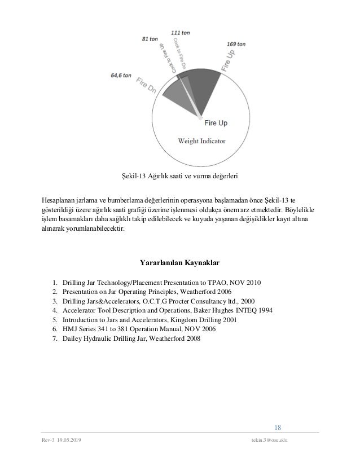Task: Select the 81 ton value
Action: [x=151, y=39]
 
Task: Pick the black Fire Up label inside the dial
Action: [x=216, y=121]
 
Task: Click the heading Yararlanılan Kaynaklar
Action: [x=179, y=263]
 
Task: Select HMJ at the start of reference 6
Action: [x=68, y=329]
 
